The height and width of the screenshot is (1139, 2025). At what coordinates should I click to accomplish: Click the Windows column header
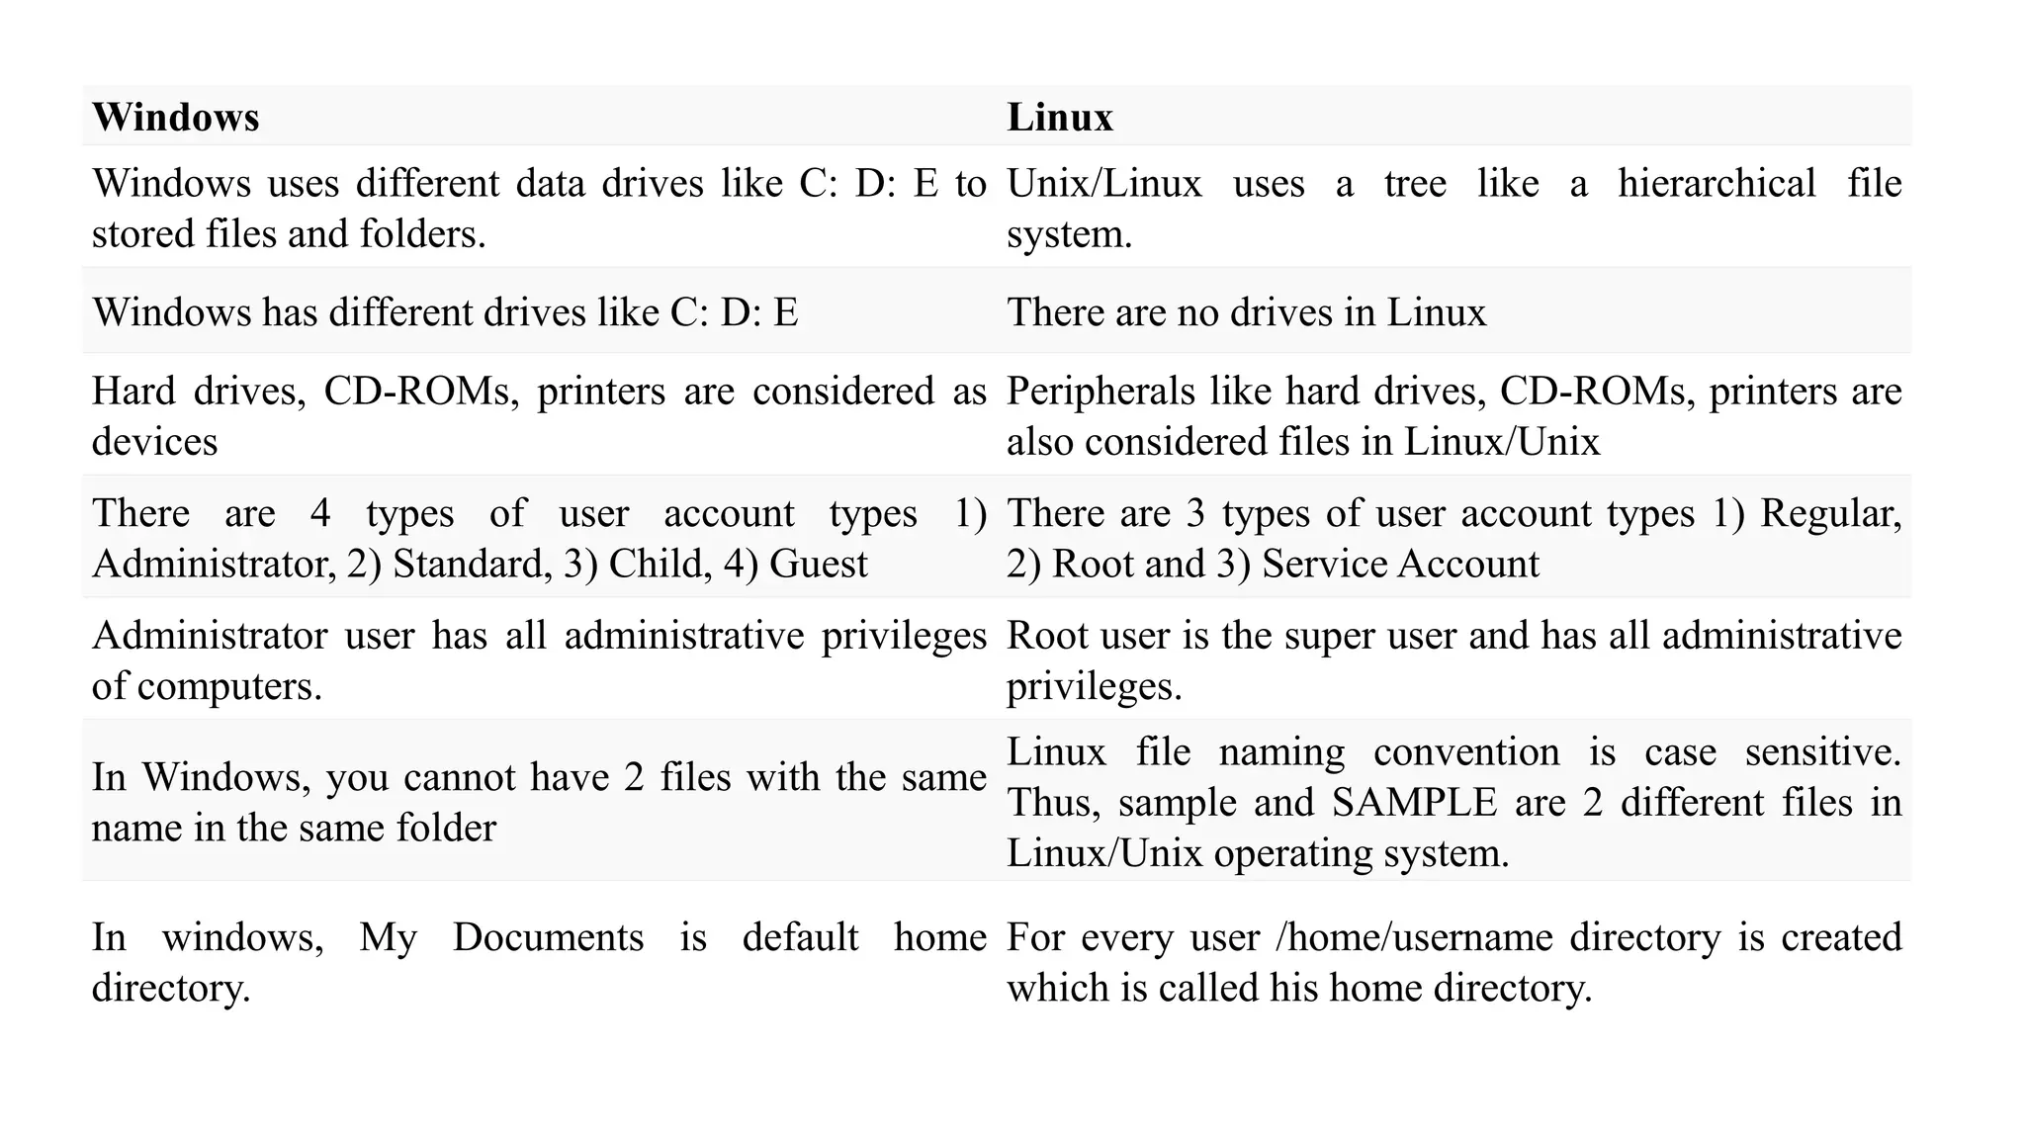coord(176,118)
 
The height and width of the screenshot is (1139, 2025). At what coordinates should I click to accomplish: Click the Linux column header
coord(1060,118)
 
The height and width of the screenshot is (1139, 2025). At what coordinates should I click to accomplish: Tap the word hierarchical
coord(1717,184)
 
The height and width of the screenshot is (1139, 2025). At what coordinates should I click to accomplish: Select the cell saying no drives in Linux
coord(1246,312)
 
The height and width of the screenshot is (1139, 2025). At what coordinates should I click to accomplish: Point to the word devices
coord(154,442)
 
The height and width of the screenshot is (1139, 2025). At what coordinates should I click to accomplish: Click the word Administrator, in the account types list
coord(214,565)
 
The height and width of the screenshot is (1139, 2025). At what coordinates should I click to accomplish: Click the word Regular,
coord(1830,514)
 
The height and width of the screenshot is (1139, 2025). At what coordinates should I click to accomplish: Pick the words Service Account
coord(1400,565)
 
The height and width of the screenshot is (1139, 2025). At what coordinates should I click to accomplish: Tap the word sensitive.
coord(1822,752)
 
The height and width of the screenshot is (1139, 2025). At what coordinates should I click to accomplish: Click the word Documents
coord(548,937)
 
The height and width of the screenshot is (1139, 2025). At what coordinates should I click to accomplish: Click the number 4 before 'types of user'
coord(319,514)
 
